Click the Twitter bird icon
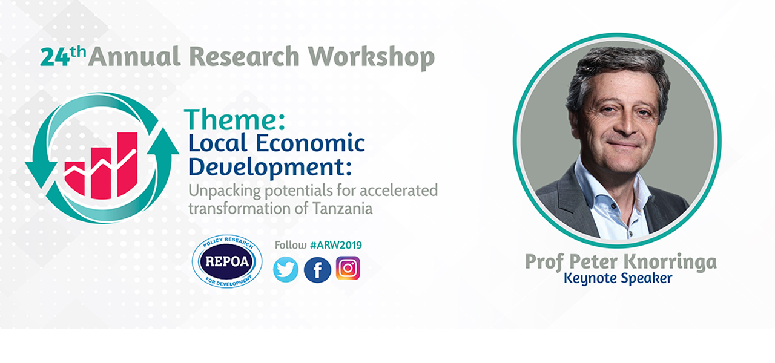point(286,270)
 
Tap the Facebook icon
point(317,270)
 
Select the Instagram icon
point(348,268)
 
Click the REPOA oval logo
point(227,261)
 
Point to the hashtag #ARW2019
point(336,245)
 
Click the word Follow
point(291,245)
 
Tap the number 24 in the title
point(55,57)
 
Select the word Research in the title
point(244,56)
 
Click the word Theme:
point(234,120)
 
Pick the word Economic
point(311,143)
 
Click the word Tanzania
point(343,209)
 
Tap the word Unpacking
point(225,191)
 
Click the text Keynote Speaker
point(618,278)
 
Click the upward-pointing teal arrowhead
point(163,142)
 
